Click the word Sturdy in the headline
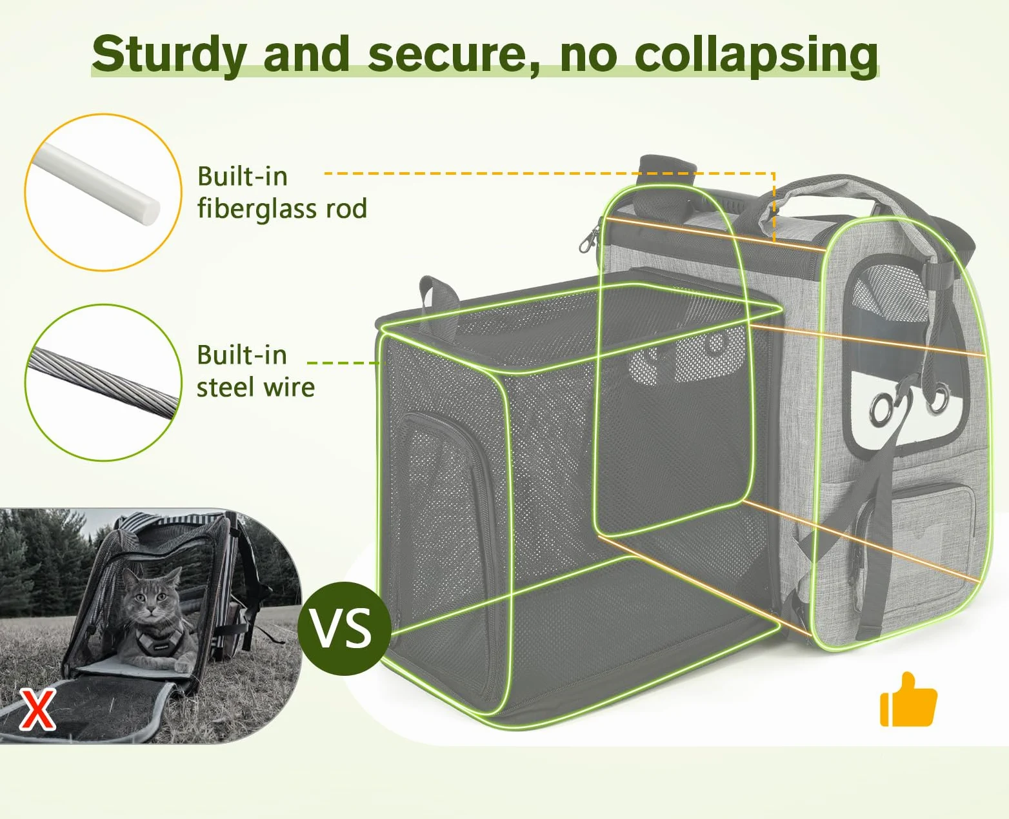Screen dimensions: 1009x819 pos(170,54)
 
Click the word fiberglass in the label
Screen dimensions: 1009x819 pos(257,209)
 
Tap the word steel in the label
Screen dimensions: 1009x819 pos(225,387)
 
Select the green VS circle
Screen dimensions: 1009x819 pos(345,629)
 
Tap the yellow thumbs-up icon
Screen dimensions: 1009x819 pos(908,699)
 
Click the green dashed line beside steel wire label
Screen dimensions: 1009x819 pos(344,363)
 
